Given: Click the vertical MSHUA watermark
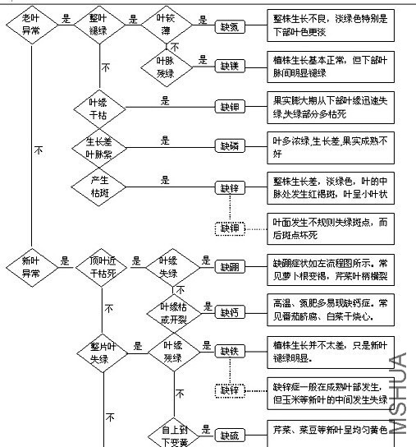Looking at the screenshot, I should pyautogui.click(x=399, y=393).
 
